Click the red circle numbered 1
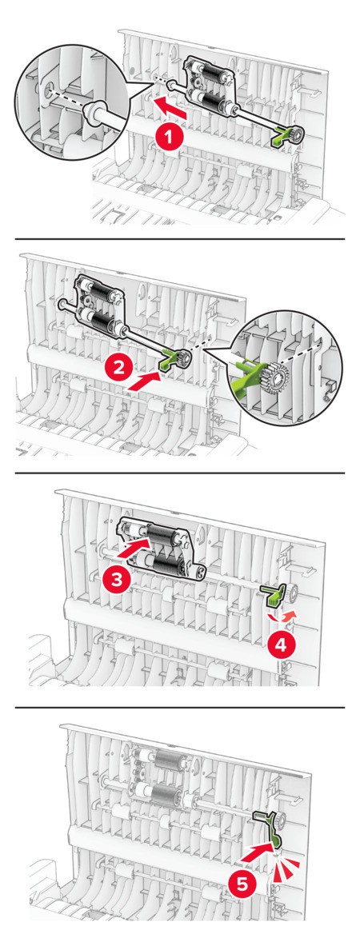170,138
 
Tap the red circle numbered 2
120,368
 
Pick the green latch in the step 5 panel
266,825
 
